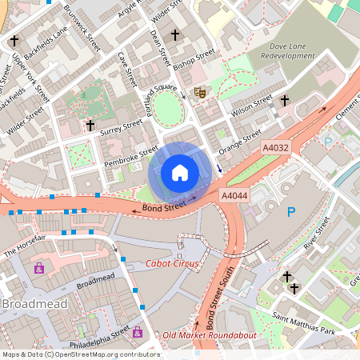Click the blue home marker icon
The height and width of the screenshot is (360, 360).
(x=180, y=172)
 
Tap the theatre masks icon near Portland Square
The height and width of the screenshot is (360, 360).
(x=201, y=93)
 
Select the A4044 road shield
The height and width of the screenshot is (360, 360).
(x=234, y=195)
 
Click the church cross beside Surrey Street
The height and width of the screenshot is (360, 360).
(x=90, y=126)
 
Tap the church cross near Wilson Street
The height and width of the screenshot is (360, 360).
(x=284, y=101)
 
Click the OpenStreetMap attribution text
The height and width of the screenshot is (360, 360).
(x=80, y=354)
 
